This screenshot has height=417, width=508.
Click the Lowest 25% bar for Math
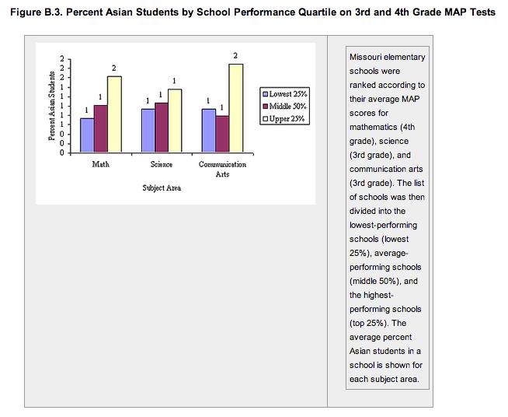click(x=87, y=135)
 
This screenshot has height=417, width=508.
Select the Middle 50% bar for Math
click(x=101, y=129)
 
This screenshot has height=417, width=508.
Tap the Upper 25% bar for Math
click(x=114, y=114)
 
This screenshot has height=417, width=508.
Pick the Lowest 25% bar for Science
click(x=148, y=131)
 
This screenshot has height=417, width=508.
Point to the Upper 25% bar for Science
click(x=175, y=121)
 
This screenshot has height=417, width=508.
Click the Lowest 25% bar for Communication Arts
click(x=208, y=131)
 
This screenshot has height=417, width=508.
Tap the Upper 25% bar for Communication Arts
click(x=235, y=108)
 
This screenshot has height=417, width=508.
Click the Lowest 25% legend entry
click(x=287, y=93)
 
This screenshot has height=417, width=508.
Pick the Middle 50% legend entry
click(x=287, y=106)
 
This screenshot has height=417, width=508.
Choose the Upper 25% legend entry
click(x=286, y=118)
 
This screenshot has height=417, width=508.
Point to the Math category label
click(x=101, y=164)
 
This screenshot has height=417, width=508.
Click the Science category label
click(x=162, y=164)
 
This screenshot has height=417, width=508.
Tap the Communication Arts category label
click(x=222, y=169)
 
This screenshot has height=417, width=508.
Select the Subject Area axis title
click(x=162, y=188)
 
